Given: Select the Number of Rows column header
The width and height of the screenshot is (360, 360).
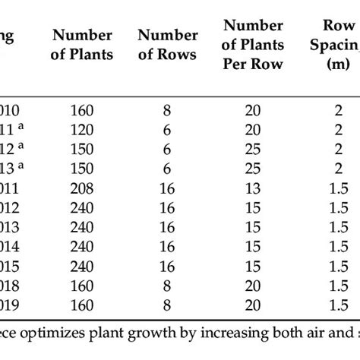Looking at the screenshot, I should (169, 44).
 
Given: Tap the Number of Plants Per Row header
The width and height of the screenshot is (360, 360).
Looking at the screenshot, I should (252, 44).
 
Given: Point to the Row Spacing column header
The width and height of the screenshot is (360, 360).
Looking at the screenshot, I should (334, 44).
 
